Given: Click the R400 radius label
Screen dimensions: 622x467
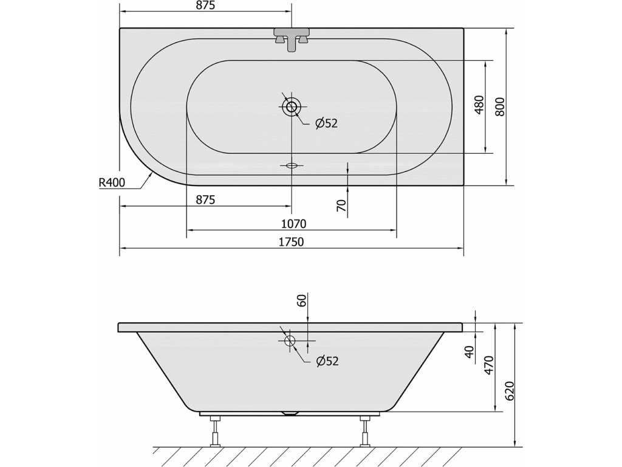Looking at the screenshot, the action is click(x=112, y=182).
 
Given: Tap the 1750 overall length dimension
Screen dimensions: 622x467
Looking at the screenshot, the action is click(x=292, y=241).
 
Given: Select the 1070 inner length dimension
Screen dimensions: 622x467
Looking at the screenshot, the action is click(x=293, y=224).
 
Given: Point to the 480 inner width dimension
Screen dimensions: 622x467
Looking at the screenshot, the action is click(x=479, y=105).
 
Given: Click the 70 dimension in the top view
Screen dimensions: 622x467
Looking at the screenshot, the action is click(x=341, y=206).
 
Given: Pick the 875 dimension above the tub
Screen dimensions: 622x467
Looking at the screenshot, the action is click(x=205, y=5).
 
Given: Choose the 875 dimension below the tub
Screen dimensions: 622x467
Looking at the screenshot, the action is click(x=205, y=199).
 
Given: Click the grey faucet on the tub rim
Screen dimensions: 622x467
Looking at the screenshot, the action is click(x=292, y=39).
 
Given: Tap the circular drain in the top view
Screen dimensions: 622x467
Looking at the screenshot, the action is click(x=292, y=106).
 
